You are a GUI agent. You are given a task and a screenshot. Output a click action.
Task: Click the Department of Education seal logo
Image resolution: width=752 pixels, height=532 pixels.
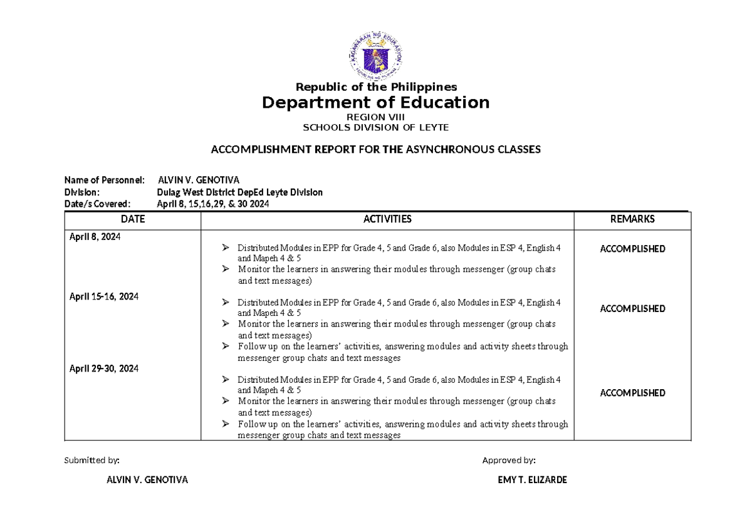(x=376, y=58)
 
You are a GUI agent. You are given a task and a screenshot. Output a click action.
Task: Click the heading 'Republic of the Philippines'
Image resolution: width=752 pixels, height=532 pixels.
(x=376, y=86)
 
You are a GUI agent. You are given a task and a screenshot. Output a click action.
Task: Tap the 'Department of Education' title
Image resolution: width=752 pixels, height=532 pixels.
(x=376, y=102)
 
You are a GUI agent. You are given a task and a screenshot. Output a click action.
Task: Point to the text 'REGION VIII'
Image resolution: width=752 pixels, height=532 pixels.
(x=376, y=117)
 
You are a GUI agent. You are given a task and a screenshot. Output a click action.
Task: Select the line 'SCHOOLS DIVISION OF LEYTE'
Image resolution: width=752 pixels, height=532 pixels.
(x=376, y=127)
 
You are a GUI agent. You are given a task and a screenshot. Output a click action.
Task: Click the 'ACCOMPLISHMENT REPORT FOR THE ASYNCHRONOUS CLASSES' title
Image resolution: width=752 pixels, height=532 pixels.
(x=375, y=149)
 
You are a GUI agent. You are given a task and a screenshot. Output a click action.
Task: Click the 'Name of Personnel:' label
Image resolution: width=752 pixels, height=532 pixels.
(x=105, y=180)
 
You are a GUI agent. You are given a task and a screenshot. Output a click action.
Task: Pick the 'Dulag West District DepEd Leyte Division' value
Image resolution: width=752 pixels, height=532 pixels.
(x=239, y=192)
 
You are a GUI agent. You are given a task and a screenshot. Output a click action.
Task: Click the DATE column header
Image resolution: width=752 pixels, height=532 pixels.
(x=133, y=219)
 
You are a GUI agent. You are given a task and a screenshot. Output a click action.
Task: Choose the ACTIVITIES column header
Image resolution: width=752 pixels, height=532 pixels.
(x=387, y=219)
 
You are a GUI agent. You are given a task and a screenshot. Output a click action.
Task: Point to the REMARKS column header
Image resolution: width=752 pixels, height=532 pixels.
(x=632, y=219)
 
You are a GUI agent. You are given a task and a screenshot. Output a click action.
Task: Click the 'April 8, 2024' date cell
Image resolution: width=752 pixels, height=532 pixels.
(x=95, y=237)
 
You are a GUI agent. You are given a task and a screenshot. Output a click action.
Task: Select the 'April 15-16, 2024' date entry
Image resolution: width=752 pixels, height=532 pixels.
(x=103, y=296)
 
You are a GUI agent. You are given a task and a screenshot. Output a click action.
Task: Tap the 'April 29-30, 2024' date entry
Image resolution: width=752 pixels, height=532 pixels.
(x=103, y=369)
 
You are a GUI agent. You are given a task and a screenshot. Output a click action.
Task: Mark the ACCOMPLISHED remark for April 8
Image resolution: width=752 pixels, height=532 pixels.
(x=632, y=249)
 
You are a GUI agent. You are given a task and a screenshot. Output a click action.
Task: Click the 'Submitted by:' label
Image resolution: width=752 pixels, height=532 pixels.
(x=91, y=461)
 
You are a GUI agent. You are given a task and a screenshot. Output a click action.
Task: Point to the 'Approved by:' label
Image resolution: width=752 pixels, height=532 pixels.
(x=508, y=461)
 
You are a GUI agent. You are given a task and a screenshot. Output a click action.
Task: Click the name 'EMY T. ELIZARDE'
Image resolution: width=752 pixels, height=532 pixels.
(x=532, y=480)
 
